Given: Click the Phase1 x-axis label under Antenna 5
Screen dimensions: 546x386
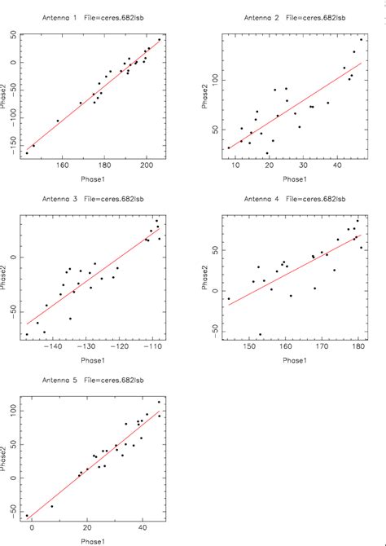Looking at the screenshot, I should coord(91,540).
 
